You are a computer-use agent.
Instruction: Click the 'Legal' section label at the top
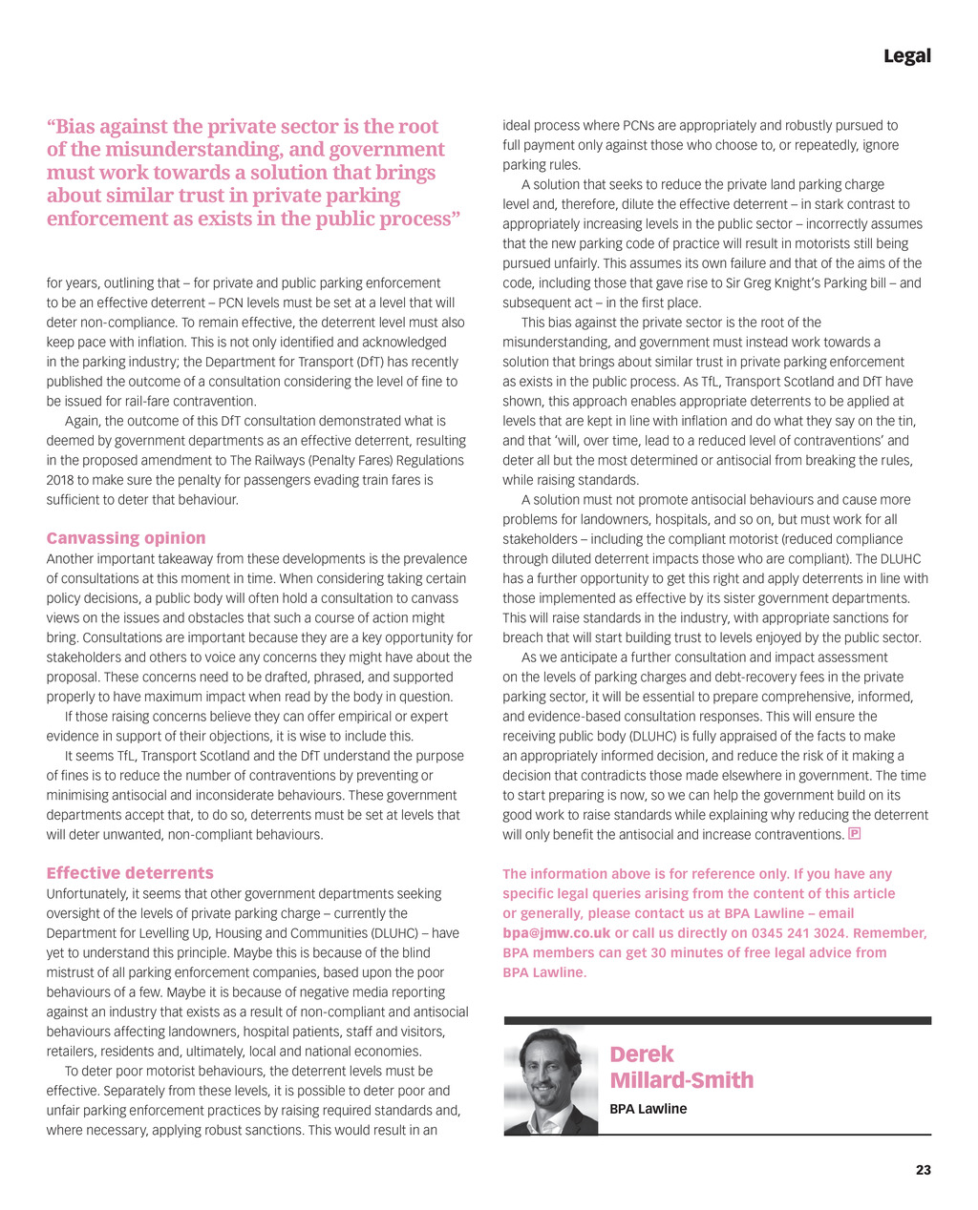click(906, 56)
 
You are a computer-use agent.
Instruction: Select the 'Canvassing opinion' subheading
click(126, 538)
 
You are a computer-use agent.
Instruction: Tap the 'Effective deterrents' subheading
click(130, 873)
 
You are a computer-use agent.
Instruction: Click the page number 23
click(923, 1170)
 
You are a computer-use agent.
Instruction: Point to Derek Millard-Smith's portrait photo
click(551, 1081)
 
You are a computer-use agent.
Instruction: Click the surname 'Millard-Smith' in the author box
click(681, 1080)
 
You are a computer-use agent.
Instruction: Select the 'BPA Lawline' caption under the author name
click(648, 1109)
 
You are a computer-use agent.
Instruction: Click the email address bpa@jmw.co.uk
click(556, 933)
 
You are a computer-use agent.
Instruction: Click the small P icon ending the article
click(855, 834)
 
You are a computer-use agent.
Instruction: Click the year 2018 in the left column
click(61, 480)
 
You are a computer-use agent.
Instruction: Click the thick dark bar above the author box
click(717, 1020)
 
